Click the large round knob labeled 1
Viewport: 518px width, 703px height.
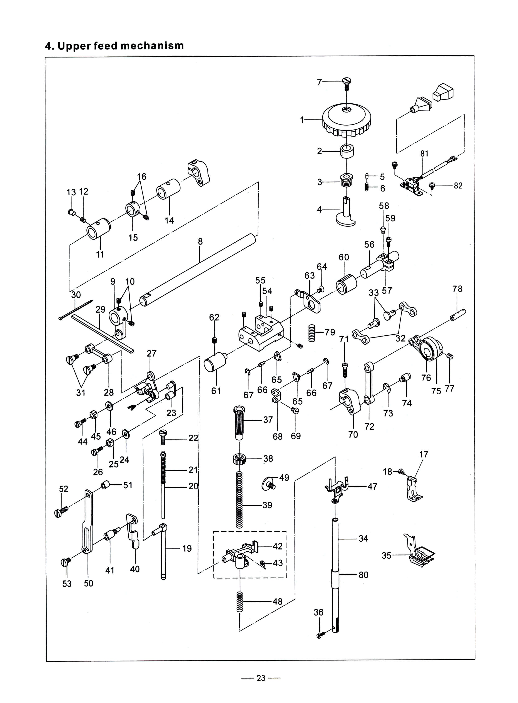347,121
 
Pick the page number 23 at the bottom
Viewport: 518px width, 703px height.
261,678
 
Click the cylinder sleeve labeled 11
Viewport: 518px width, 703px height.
98,228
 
